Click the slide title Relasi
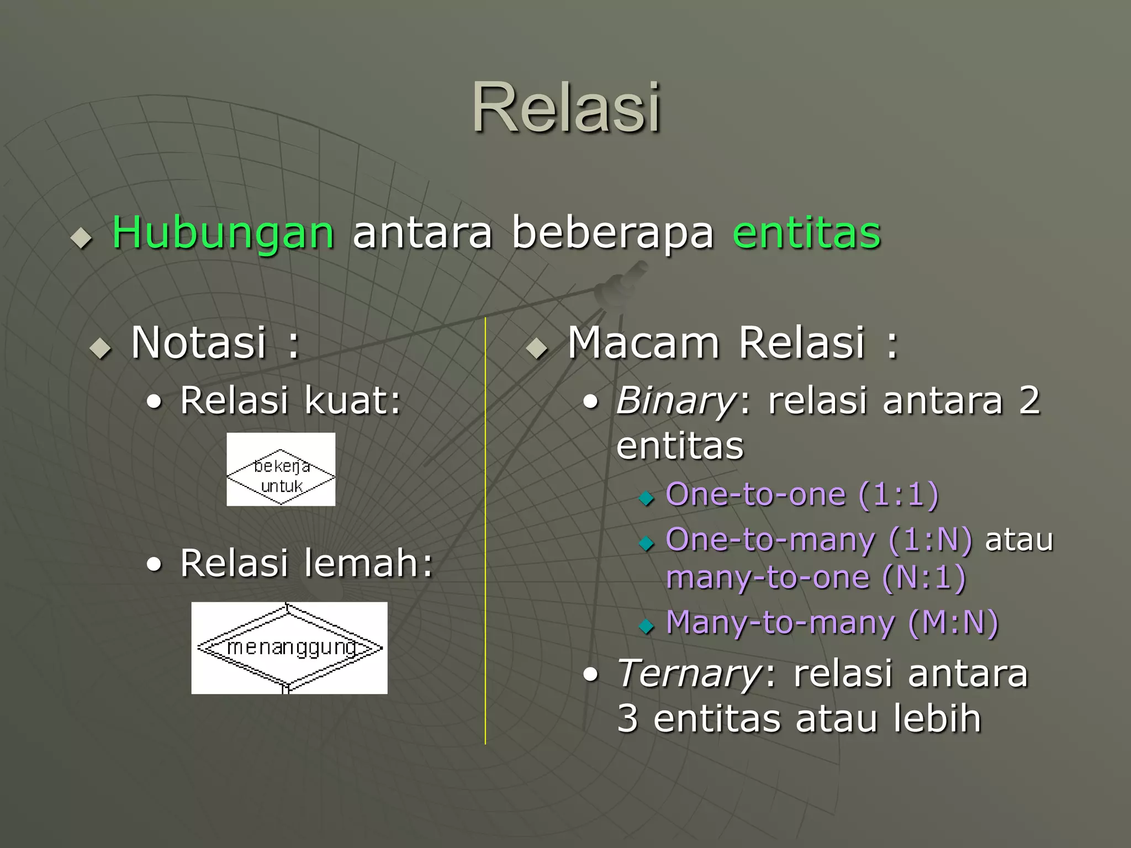(566, 108)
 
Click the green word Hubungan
(223, 233)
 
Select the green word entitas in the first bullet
(806, 233)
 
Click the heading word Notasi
(199, 343)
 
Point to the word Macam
(643, 343)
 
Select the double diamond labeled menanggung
(289, 648)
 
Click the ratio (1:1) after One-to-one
(899, 494)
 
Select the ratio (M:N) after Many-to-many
(953, 623)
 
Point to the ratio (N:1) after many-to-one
(924, 578)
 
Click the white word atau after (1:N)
(1019, 540)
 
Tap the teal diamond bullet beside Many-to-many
(646, 627)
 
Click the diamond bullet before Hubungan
(82, 239)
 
